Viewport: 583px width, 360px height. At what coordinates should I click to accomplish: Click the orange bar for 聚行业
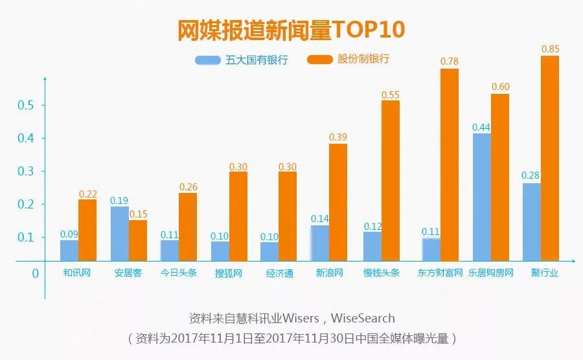[x=549, y=158]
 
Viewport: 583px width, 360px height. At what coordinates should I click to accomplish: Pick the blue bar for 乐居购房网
[x=481, y=197]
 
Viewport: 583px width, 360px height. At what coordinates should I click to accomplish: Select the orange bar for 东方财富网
[x=449, y=164]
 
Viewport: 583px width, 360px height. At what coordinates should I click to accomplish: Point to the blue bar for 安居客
[x=119, y=234]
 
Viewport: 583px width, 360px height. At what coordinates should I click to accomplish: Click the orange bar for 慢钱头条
[x=390, y=181]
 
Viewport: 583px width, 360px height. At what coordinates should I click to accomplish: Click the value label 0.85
[x=549, y=49]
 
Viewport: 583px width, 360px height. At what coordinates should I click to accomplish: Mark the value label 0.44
[x=481, y=126]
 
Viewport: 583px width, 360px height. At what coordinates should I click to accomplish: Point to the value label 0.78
[x=449, y=62]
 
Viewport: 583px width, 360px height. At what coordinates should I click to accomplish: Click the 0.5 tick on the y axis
[x=26, y=106]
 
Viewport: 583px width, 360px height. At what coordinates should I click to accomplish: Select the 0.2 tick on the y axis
[x=26, y=205]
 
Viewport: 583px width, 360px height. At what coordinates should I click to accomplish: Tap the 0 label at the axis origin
[x=35, y=273]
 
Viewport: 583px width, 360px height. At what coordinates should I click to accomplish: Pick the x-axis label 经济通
[x=279, y=273]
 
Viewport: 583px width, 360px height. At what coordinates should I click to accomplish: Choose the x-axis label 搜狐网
[x=229, y=273]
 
